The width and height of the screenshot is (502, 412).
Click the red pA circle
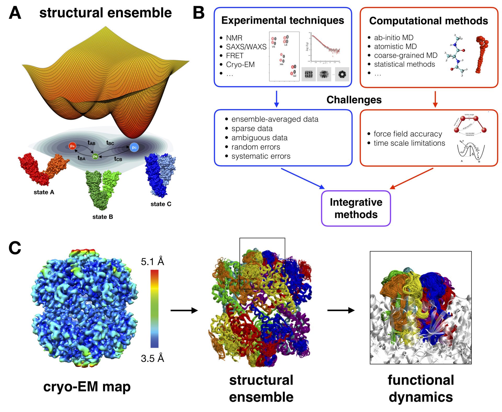click(72, 146)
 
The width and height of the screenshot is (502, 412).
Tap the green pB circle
click(95, 156)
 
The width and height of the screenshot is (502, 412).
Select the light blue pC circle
click(134, 147)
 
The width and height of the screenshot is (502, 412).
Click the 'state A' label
click(44, 192)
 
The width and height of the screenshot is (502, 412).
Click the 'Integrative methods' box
click(356, 208)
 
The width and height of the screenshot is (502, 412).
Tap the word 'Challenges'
click(354, 100)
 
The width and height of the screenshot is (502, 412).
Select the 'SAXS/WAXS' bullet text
click(246, 47)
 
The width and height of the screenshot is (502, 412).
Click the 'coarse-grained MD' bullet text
click(406, 55)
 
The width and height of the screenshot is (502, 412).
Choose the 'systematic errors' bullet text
click(261, 156)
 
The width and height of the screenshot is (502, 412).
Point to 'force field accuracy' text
click(408, 134)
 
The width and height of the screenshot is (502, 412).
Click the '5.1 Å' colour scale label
click(152, 261)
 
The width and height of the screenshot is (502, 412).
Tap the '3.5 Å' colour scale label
click(152, 358)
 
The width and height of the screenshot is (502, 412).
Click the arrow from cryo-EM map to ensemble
click(184, 310)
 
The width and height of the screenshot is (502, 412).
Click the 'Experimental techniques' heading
click(283, 20)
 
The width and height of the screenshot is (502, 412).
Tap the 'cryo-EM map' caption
click(87, 387)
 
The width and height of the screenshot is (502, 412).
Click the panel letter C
click(15, 248)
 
